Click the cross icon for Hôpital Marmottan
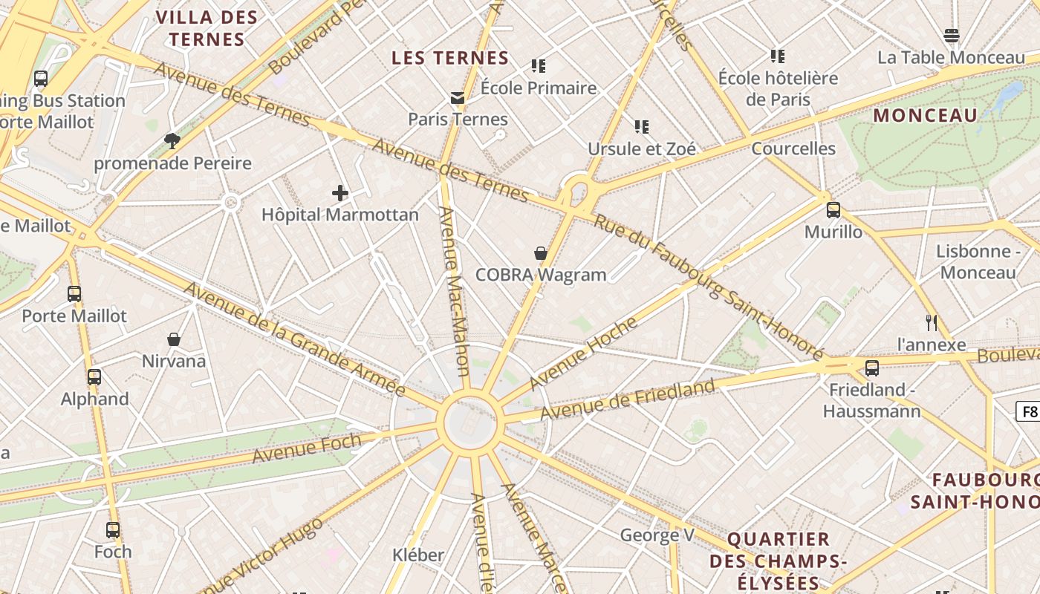tap(340, 194)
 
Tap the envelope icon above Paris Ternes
tap(457, 98)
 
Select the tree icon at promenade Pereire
tap(172, 141)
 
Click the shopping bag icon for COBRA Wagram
tap(541, 253)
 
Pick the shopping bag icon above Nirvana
tap(174, 339)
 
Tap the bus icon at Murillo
tap(833, 210)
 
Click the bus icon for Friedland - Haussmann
tap(872, 368)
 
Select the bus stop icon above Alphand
tap(94, 376)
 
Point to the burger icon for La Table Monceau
tap(952, 36)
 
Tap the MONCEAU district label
tap(925, 116)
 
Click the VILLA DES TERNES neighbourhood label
tap(207, 28)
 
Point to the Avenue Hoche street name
tap(584, 353)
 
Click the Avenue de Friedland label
tap(628, 398)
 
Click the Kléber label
tap(418, 555)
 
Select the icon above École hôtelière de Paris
tap(778, 56)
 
